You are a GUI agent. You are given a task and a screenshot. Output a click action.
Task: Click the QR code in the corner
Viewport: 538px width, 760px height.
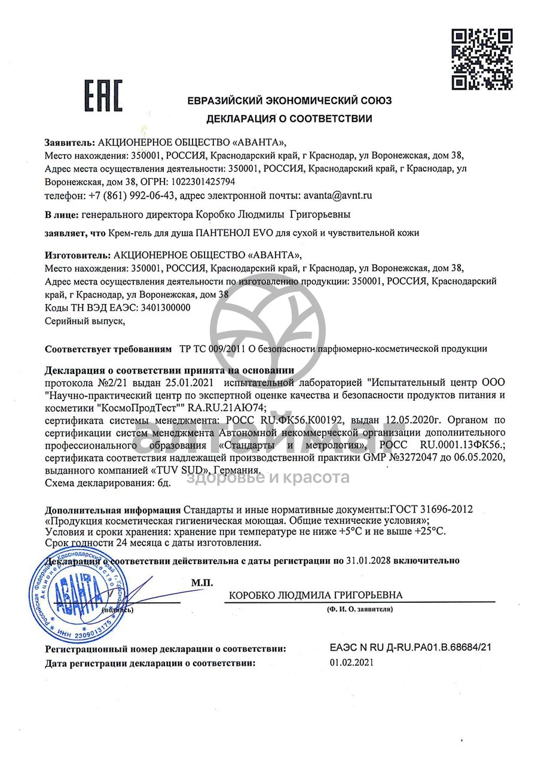482,59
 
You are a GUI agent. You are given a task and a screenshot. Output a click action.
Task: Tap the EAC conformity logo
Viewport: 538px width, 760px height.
103,97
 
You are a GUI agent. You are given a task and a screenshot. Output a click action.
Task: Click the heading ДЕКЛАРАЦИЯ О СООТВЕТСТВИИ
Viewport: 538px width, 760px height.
289,118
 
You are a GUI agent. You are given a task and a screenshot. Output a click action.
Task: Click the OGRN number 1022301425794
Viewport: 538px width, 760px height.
204,182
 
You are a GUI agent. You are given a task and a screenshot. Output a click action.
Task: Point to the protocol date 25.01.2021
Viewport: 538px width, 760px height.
194,380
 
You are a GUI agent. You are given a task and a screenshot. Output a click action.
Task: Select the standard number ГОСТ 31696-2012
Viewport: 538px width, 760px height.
431,510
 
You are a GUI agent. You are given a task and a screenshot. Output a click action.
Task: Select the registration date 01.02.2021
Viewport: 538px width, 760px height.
351,663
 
